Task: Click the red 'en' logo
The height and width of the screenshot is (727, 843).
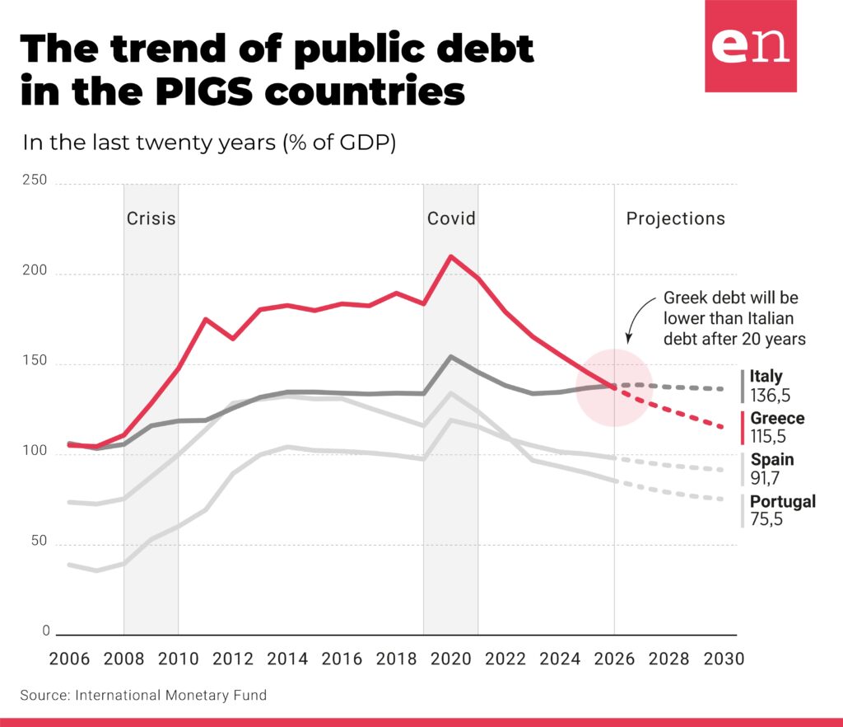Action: (750, 46)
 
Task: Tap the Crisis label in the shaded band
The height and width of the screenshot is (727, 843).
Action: (151, 218)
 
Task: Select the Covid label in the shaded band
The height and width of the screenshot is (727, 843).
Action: (451, 218)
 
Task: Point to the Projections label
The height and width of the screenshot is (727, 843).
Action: (675, 218)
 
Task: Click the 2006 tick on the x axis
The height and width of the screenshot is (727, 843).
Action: (70, 659)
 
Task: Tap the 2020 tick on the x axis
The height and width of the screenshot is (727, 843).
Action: (451, 659)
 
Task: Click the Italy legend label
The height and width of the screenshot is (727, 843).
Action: (766, 378)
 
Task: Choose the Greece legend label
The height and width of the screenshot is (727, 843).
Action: (777, 419)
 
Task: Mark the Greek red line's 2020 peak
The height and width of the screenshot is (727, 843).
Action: (450, 256)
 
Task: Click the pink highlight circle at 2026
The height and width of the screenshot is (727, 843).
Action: (614, 388)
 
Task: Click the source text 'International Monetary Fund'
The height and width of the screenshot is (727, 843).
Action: (171, 695)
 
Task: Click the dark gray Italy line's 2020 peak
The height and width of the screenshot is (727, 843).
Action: (450, 357)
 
